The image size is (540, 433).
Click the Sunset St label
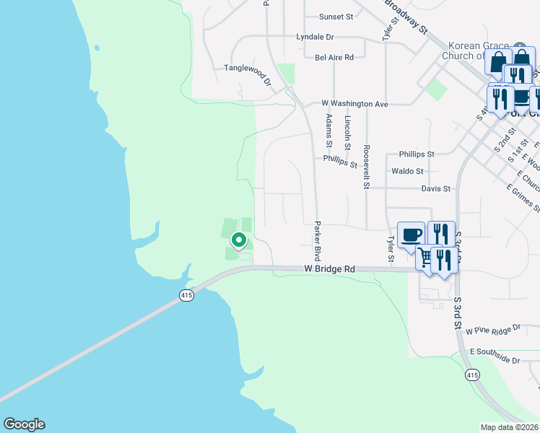pyautogui.click(x=336, y=16)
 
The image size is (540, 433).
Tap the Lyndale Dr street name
pyautogui.click(x=315, y=36)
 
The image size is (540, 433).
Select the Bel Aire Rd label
pyautogui.click(x=334, y=57)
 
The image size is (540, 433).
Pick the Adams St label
pyautogui.click(x=329, y=127)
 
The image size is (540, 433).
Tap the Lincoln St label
pyautogui.click(x=348, y=131)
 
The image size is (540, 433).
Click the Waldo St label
pyautogui.click(x=407, y=171)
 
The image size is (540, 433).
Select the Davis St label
pyautogui.click(x=435, y=188)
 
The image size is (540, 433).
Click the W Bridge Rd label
pyautogui.click(x=329, y=269)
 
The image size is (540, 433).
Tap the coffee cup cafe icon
pyautogui.click(x=411, y=235)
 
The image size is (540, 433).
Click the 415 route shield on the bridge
pyautogui.click(x=186, y=295)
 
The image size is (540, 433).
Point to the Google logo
pyautogui.click(x=24, y=424)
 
